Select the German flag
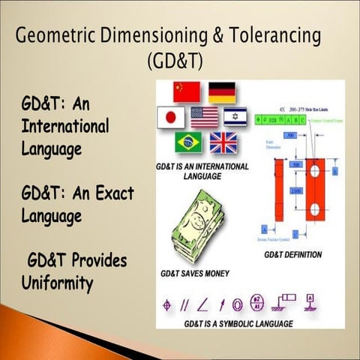click(x=221, y=91)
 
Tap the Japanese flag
click(x=171, y=117)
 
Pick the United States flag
click(x=204, y=117)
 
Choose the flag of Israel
click(x=235, y=117)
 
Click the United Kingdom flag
click(x=222, y=142)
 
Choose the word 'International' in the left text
click(x=65, y=126)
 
